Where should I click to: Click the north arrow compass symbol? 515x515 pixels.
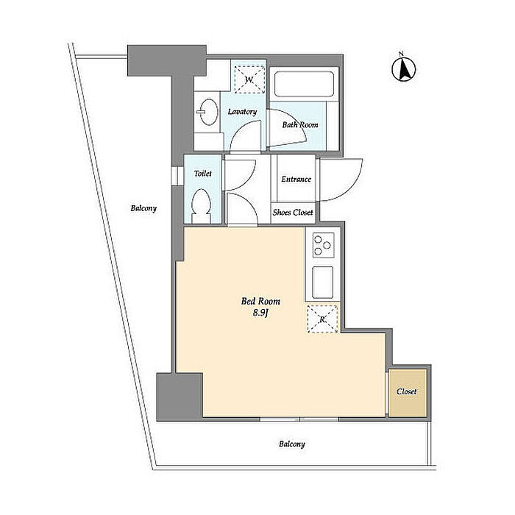click(x=404, y=68)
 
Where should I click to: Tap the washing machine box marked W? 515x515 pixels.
click(x=249, y=79)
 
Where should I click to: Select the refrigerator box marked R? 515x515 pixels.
click(x=322, y=319)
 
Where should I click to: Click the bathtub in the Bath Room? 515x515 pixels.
click(x=304, y=84)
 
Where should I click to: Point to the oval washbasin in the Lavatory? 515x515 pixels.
click(x=208, y=112)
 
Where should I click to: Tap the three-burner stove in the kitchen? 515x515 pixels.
click(x=323, y=245)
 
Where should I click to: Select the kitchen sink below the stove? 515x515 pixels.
click(x=322, y=282)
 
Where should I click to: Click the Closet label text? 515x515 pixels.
click(x=407, y=391)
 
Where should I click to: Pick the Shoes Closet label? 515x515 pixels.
click(x=293, y=212)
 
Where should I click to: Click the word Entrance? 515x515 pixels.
click(x=296, y=179)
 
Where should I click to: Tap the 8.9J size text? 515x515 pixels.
click(x=260, y=313)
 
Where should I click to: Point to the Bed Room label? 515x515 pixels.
click(x=260, y=301)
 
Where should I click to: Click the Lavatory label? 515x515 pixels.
click(x=242, y=112)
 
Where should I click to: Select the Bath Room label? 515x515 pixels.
click(x=300, y=125)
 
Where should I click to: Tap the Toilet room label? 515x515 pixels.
click(x=202, y=173)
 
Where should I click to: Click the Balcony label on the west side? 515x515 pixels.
click(x=143, y=208)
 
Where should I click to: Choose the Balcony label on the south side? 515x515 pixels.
click(x=292, y=444)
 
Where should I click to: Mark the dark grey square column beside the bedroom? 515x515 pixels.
click(x=179, y=397)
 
